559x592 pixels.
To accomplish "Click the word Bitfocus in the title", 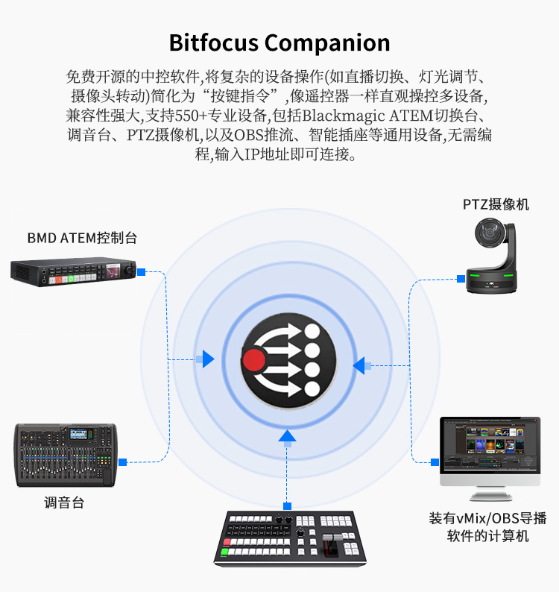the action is point(214,42).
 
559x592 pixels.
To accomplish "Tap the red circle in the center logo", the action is point(253,359).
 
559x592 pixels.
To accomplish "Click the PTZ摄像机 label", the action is point(496,204).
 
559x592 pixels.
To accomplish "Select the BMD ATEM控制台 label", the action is point(82,238).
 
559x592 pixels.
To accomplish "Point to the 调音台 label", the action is point(64,503).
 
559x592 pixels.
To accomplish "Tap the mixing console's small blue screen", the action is point(78,434).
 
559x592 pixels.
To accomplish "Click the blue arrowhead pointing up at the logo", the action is point(287,435).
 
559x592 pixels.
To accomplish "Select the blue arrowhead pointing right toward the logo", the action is point(208,359).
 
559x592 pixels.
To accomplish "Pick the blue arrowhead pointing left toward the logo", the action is point(359,365).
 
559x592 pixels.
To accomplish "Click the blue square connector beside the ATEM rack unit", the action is point(141,272).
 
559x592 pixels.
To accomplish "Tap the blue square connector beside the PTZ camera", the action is point(461,279).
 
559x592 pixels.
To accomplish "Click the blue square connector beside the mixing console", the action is point(123,462).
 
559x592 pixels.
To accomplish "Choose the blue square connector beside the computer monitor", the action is point(435,462).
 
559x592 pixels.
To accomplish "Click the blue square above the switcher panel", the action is point(287,506).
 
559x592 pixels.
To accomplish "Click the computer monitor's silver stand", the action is point(490,494).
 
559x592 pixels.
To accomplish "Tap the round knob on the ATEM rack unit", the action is point(130,270).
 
